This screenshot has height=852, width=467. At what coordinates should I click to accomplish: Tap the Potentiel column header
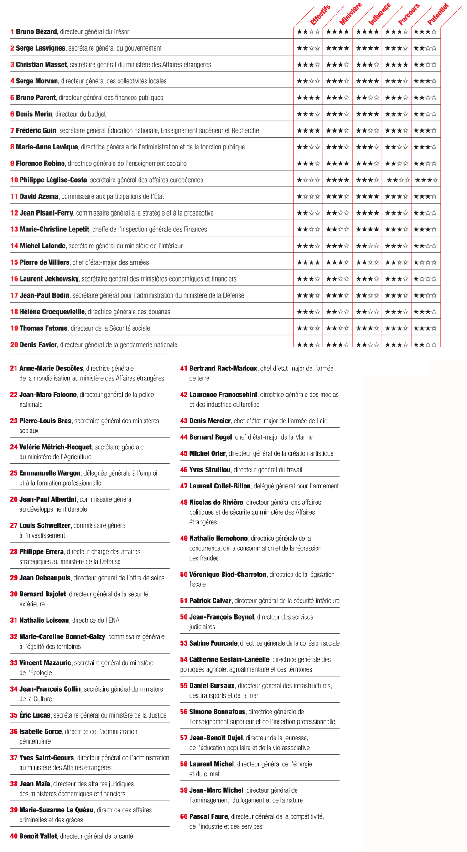click(x=438, y=14)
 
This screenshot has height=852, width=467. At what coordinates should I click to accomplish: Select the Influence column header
click(x=379, y=14)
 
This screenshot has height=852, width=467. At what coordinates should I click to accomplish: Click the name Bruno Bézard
click(x=36, y=32)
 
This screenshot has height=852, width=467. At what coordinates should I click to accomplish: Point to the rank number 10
click(x=14, y=180)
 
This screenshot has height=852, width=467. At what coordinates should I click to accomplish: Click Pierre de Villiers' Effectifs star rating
click(x=308, y=262)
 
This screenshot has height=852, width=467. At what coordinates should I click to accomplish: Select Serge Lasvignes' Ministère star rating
click(x=337, y=48)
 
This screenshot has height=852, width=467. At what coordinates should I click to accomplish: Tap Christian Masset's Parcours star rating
click(x=396, y=65)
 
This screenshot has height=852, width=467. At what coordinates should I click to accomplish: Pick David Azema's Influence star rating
click(x=367, y=196)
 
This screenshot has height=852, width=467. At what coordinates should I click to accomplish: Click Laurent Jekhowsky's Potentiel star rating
click(x=425, y=279)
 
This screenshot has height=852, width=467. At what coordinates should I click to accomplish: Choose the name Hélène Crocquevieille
click(x=52, y=312)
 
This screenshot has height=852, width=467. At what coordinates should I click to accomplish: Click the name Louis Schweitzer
click(x=45, y=526)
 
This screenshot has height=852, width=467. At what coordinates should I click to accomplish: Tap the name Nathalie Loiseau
click(x=44, y=621)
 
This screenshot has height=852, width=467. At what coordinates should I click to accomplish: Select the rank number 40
click(x=14, y=837)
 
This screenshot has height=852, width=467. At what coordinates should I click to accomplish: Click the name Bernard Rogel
click(x=211, y=437)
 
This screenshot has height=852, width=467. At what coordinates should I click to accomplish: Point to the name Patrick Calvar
click(x=210, y=601)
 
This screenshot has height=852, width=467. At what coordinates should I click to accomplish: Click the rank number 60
click(x=184, y=817)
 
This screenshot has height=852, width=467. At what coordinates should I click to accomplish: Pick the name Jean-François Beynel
click(x=222, y=617)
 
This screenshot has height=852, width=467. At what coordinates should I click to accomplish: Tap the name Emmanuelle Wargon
click(x=50, y=473)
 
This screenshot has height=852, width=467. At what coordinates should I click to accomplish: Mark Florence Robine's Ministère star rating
click(x=337, y=164)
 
